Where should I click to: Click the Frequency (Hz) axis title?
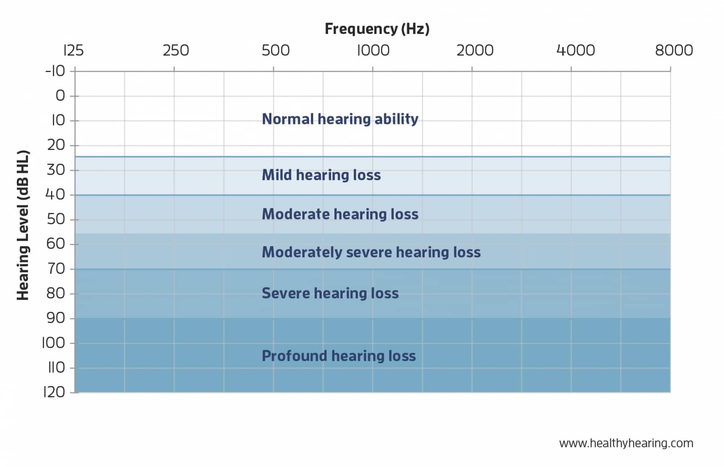pos(377,29)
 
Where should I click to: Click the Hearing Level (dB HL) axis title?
pos(23,225)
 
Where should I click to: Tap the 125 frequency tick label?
pos(73,50)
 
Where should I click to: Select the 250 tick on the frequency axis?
pos(176,50)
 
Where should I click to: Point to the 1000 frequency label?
pos(373,50)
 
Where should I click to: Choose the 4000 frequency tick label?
pos(575,50)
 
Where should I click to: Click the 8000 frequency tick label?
pos(674,50)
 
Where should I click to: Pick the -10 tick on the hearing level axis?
pos(55,71)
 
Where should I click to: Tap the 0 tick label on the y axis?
pos(60,95)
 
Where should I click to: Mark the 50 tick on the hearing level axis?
pos(56,219)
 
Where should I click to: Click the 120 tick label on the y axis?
pos(54,392)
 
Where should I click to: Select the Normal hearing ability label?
pos(340,119)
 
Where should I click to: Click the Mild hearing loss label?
pos(321,175)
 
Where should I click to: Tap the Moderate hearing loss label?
pos(340,214)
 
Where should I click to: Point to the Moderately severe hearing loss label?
pos(371,252)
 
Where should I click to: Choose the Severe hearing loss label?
pos(330,293)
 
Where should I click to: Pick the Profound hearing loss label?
pos(338,356)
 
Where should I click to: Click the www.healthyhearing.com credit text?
pos(626,443)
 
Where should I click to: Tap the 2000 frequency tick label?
pos(475,50)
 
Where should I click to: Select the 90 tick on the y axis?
pos(56,318)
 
